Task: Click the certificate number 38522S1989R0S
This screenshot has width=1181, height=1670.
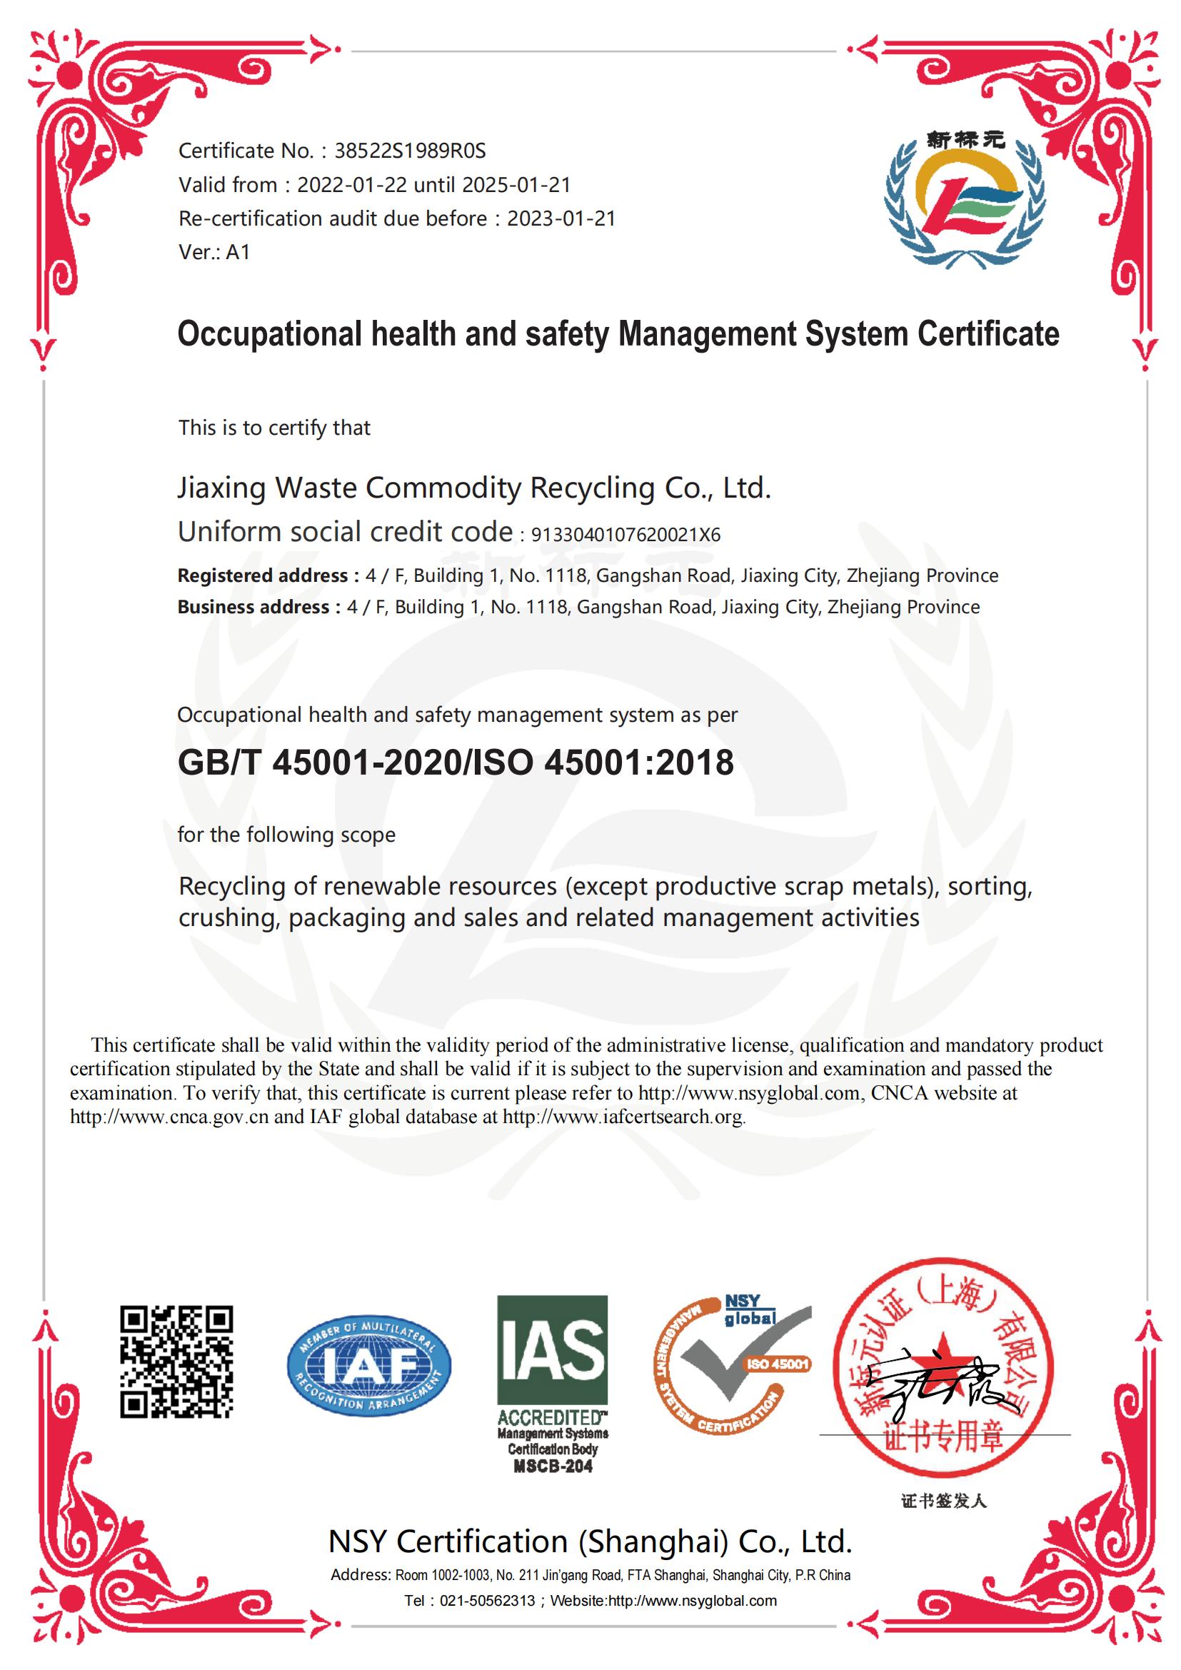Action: pyautogui.click(x=409, y=151)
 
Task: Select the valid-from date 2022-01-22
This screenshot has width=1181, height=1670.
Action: pyautogui.click(x=352, y=185)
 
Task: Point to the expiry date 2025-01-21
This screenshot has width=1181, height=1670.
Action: pyautogui.click(x=516, y=185)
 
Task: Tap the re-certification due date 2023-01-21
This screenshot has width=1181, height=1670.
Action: pyautogui.click(x=561, y=218)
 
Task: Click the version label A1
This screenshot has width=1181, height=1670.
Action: pyautogui.click(x=238, y=251)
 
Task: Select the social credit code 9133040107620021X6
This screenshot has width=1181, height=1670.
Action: pyautogui.click(x=625, y=535)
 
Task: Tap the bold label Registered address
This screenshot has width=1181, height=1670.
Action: pyautogui.click(x=263, y=575)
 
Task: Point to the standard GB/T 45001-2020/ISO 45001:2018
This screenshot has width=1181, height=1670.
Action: pyautogui.click(x=456, y=763)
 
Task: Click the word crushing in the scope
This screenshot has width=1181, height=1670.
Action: pyautogui.click(x=226, y=918)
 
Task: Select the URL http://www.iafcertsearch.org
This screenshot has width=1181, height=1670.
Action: pyautogui.click(x=623, y=1117)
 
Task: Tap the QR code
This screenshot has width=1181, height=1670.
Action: pyautogui.click(x=176, y=1361)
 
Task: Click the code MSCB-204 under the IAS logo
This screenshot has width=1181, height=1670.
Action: pyautogui.click(x=553, y=1467)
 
